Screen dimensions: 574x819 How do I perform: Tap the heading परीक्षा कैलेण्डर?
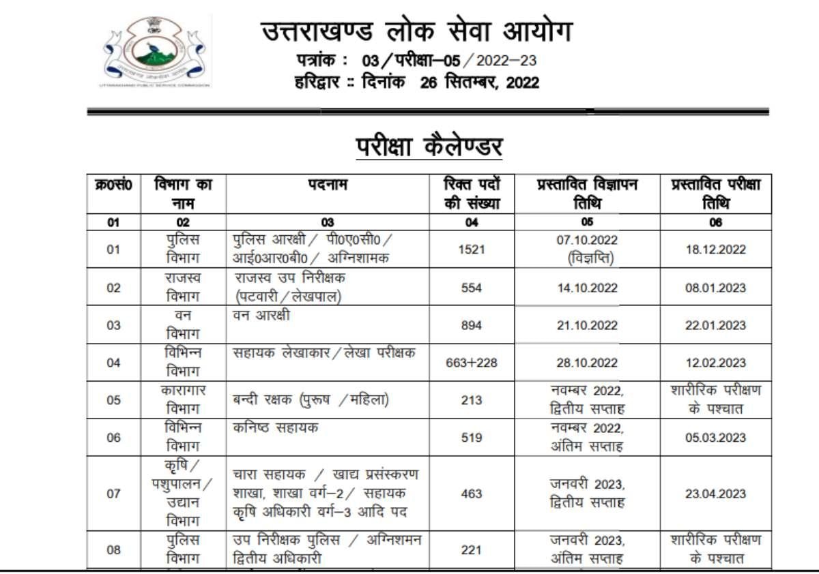click(429, 147)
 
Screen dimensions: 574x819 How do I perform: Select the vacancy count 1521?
click(472, 250)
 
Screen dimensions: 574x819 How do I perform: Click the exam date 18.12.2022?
click(715, 250)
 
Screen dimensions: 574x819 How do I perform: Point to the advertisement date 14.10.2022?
click(587, 288)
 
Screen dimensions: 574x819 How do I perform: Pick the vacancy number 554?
click(472, 288)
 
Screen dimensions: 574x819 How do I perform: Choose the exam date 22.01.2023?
click(715, 325)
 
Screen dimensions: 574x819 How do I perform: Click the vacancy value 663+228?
click(472, 363)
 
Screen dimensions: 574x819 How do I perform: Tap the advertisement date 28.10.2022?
click(587, 363)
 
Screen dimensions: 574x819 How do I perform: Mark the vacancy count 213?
click(472, 400)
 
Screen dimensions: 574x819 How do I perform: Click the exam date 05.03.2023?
click(715, 438)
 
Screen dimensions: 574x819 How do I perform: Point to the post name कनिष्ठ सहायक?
click(276, 428)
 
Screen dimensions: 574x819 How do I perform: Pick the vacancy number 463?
click(472, 494)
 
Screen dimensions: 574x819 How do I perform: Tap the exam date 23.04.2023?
click(715, 494)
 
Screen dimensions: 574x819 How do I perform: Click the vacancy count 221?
click(472, 549)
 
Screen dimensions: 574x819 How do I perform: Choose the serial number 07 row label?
click(114, 494)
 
